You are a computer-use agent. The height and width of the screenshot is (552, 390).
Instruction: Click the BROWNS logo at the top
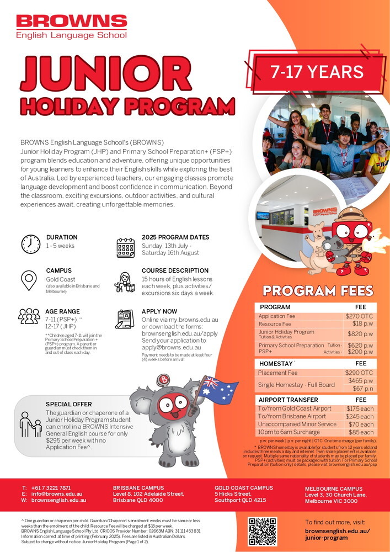tap(72, 26)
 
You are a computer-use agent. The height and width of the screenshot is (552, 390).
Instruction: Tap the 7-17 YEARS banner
tap(317, 72)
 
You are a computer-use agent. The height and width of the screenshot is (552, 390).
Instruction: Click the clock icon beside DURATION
tap(30, 243)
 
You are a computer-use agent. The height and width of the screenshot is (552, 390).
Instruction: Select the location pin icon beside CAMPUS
tap(30, 282)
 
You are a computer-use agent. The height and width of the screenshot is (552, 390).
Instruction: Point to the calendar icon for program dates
tap(125, 247)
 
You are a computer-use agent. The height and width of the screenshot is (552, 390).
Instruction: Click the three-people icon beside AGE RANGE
tap(29, 316)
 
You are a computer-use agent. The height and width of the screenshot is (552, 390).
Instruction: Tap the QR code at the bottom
tap(262, 531)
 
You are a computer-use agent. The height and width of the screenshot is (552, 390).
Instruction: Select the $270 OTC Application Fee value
tap(359, 316)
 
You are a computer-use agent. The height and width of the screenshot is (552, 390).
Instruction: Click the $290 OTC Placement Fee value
tap(359, 373)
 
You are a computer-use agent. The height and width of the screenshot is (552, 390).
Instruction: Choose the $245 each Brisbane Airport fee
tap(360, 416)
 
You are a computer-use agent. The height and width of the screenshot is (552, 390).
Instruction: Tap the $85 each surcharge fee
tap(361, 432)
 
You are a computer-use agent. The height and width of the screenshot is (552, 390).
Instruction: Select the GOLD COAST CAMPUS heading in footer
tap(244, 488)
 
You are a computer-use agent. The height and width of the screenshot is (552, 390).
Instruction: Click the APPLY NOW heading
tap(159, 311)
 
